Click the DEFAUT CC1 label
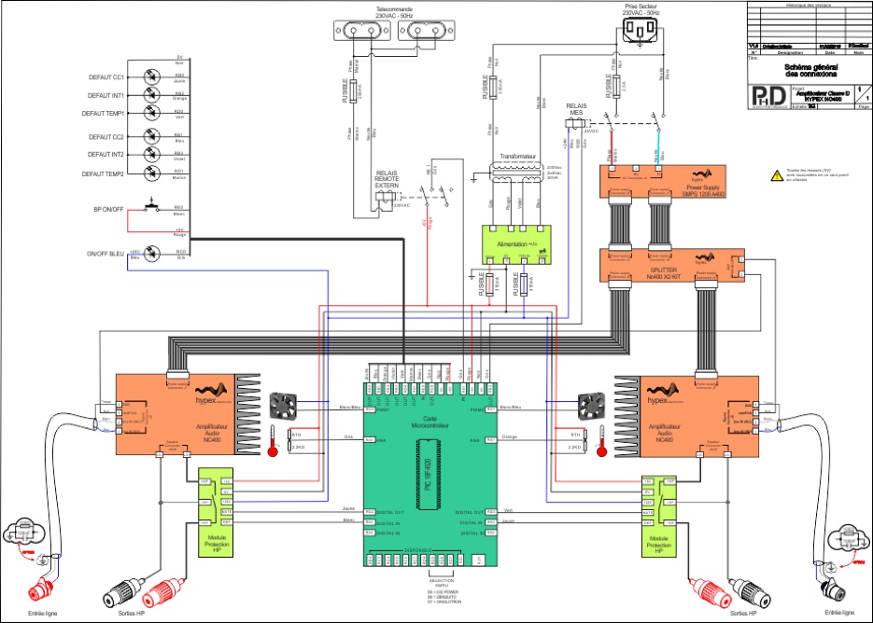coord(106,77)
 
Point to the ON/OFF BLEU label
coord(105,253)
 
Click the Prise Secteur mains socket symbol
coord(640,33)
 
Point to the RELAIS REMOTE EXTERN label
coord(393,181)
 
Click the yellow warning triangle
coord(776,174)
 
